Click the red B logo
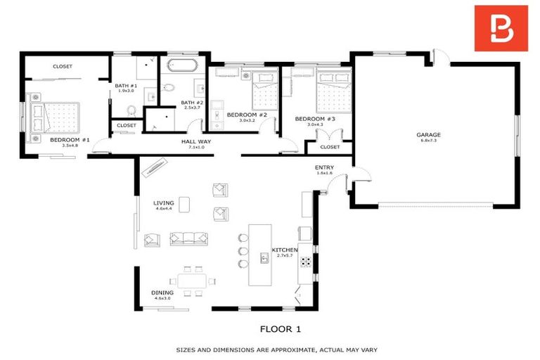501,28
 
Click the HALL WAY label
196,141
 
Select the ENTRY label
325,167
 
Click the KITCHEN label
285,250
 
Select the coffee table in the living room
184,204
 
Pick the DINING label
161,292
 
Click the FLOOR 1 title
280,328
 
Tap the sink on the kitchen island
264,258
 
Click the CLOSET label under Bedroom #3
329,147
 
